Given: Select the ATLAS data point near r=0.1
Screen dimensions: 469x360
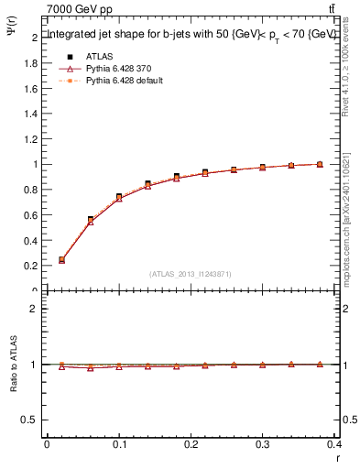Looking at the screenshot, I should click(119, 197).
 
